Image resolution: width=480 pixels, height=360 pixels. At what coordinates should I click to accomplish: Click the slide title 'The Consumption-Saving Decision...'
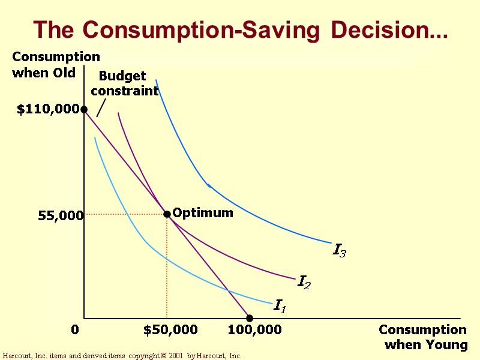[240, 29]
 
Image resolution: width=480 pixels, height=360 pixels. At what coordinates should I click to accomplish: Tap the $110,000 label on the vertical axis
[48, 109]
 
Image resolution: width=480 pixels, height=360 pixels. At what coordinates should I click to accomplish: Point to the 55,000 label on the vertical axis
[60, 215]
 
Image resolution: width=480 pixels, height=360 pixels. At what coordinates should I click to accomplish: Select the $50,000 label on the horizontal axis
[170, 330]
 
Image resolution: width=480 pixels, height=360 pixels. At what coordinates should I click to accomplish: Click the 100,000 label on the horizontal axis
[254, 330]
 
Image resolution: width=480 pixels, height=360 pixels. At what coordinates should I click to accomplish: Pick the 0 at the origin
[75, 330]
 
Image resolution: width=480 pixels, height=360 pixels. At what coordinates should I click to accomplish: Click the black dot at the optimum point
[167, 214]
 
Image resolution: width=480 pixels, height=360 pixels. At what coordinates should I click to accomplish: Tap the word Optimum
[203, 213]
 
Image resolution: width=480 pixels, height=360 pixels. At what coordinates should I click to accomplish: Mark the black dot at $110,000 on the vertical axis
[84, 109]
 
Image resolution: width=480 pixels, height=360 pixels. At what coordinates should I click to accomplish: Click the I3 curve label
[339, 250]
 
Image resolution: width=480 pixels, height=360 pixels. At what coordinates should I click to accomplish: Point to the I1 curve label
[280, 306]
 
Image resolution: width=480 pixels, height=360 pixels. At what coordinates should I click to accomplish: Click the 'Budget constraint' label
[124, 84]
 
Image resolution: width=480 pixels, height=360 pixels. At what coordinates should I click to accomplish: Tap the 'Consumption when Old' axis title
[56, 65]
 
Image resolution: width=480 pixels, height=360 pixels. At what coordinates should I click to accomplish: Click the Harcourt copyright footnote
[122, 356]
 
